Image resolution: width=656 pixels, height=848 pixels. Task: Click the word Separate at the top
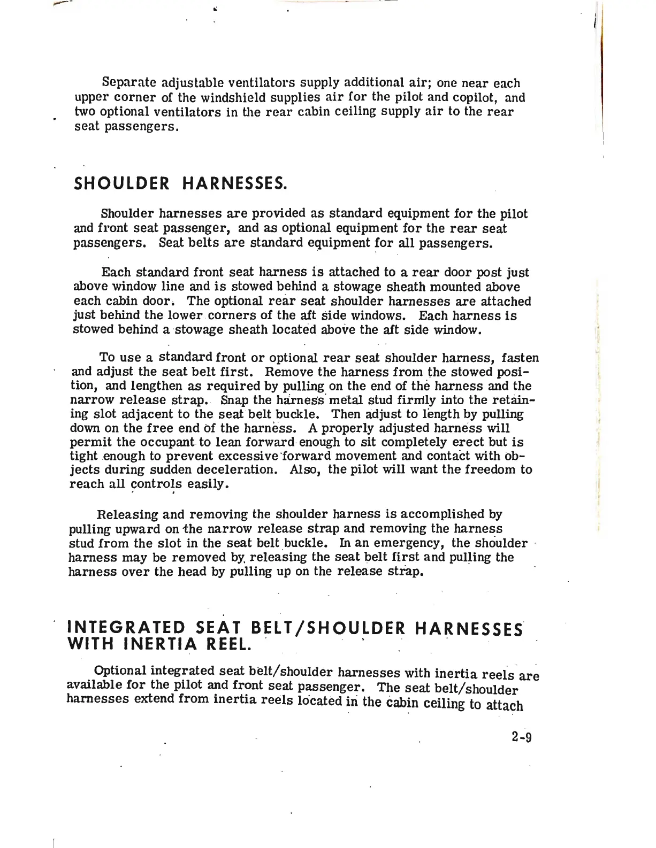point(128,83)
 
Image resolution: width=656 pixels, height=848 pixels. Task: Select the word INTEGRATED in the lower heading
point(125,627)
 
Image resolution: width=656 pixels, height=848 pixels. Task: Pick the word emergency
point(413,543)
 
